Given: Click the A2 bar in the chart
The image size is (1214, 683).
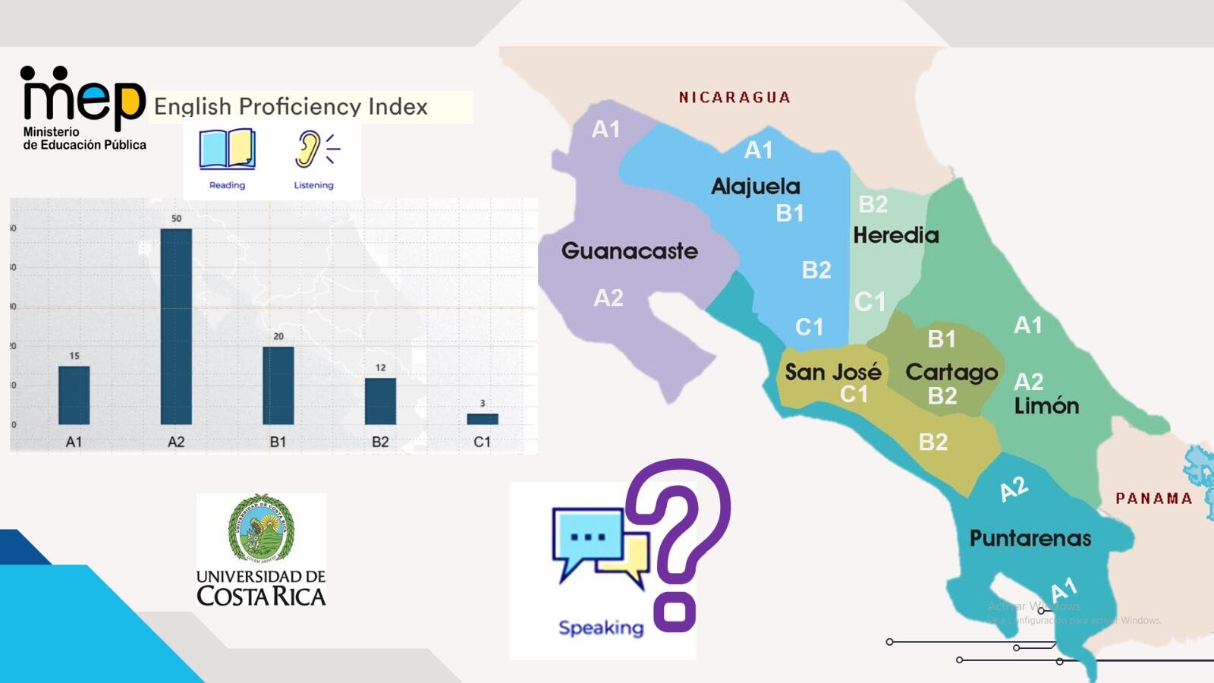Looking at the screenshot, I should [x=176, y=326].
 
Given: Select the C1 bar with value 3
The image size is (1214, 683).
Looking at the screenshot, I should [x=483, y=419].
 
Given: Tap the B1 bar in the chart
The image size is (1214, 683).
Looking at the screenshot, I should [x=278, y=386].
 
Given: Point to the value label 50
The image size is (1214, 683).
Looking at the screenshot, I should [x=176, y=219].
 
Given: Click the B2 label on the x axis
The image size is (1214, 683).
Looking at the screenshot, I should [x=380, y=442].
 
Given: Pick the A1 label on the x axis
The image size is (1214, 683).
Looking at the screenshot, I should [x=74, y=442].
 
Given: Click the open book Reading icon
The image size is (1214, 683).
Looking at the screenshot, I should [x=227, y=149].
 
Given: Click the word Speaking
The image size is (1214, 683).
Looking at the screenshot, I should [x=601, y=628].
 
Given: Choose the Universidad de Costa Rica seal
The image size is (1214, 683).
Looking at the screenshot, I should [x=262, y=530].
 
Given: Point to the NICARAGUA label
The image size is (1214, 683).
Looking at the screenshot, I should [x=734, y=97].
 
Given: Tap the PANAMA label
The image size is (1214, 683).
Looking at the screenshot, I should [x=1153, y=499].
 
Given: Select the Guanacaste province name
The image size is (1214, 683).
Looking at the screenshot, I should [x=630, y=250].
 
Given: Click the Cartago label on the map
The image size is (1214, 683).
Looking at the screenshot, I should [x=951, y=372].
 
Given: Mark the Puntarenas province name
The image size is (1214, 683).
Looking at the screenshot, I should [x=1030, y=538].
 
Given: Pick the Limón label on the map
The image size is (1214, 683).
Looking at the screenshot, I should [x=1046, y=405].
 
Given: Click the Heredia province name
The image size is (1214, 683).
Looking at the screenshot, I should [x=896, y=235].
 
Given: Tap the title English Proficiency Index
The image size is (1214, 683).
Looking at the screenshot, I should [x=291, y=107].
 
